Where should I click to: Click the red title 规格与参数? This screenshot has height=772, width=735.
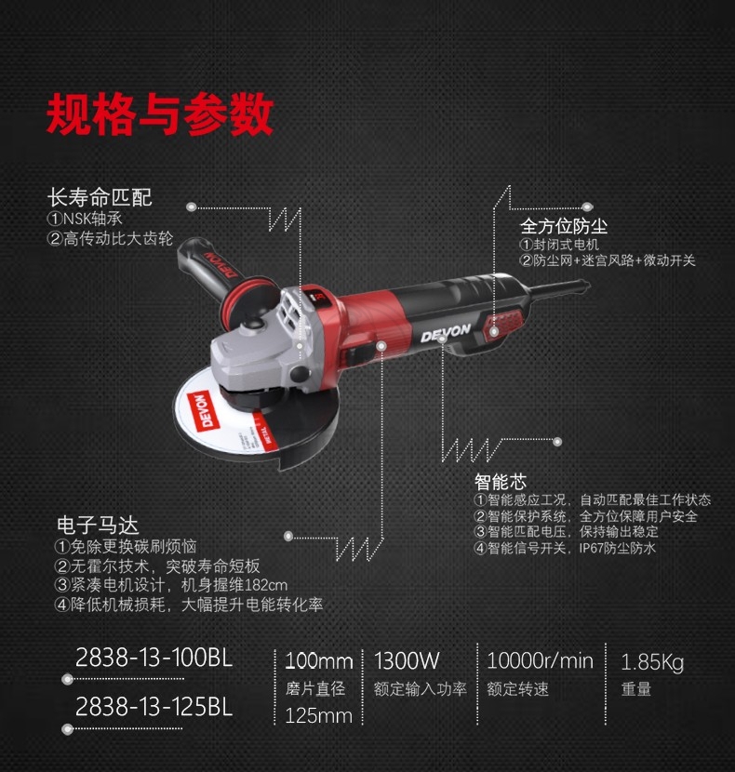[x=160, y=114]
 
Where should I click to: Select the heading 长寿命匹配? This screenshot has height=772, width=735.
[x=100, y=197]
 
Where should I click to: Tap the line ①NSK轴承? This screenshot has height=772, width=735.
[x=85, y=219]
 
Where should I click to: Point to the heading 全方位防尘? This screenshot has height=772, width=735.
[x=564, y=226]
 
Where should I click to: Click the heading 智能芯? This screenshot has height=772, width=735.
[x=500, y=481]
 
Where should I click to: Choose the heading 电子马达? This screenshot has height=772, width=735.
[x=98, y=525]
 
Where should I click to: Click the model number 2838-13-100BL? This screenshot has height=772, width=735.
[x=154, y=658]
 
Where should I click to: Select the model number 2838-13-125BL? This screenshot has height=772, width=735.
[x=154, y=707]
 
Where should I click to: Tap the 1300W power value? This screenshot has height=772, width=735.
[x=407, y=660]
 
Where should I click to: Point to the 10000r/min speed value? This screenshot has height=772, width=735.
[x=540, y=660]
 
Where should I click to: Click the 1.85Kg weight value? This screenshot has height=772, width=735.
[x=652, y=662]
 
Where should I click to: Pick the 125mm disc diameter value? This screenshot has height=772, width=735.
[x=319, y=716]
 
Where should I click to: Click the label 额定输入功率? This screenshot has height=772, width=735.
[x=420, y=689]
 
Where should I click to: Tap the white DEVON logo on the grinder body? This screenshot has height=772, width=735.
[x=446, y=333]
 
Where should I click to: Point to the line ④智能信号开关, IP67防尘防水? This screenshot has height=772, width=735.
[x=565, y=548]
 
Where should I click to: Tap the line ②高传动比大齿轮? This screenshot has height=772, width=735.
[x=110, y=239]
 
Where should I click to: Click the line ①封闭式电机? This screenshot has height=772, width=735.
[x=559, y=245]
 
